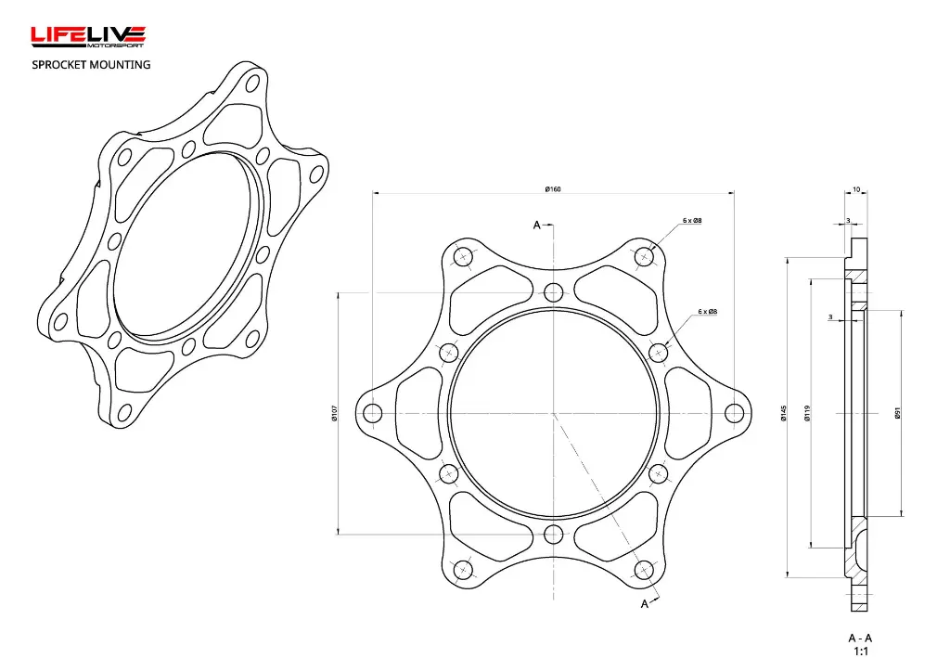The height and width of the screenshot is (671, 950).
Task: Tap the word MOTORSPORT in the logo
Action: click(x=116, y=45)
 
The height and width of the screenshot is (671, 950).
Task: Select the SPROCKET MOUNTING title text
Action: click(x=91, y=64)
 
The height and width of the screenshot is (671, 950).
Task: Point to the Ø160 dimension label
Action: click(x=553, y=189)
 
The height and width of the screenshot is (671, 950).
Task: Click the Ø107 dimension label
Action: click(x=334, y=413)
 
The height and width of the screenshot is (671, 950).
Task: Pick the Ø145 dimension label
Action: click(x=784, y=413)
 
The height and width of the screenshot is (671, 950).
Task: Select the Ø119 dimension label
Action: click(x=808, y=413)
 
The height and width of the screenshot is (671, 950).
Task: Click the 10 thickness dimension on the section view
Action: click(x=855, y=189)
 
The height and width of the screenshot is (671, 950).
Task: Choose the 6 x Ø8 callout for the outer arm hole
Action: click(x=692, y=221)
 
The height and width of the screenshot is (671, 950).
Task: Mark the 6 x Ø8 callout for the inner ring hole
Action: click(x=707, y=312)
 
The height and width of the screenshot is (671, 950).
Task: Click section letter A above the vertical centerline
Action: click(x=536, y=226)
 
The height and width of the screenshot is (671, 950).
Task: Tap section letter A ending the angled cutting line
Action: click(x=645, y=604)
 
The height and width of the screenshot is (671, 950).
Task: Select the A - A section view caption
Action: click(x=860, y=638)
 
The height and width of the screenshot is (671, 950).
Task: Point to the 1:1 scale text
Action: click(x=860, y=652)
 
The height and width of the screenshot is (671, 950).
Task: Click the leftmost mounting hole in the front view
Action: click(x=373, y=413)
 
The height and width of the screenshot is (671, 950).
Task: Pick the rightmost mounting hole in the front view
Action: click(x=734, y=413)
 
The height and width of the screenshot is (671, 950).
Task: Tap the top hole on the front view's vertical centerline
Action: click(x=554, y=292)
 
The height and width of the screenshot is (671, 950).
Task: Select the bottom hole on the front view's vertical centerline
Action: click(x=554, y=534)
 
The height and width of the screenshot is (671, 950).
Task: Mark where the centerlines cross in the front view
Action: click(x=554, y=413)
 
